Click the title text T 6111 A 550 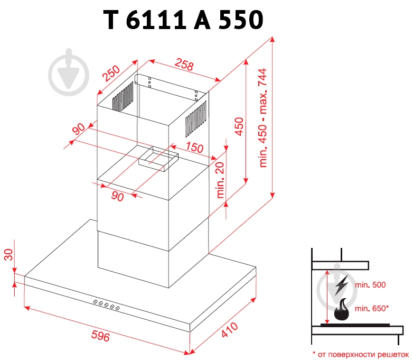pyautogui.click(x=182, y=20)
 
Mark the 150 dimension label pyautogui.click(x=194, y=147)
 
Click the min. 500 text pyautogui.click(x=370, y=284)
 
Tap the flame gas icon pyautogui.click(x=342, y=310)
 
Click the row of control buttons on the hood pyautogui.click(x=106, y=305)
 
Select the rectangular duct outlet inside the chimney pyautogui.click(x=158, y=158)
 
